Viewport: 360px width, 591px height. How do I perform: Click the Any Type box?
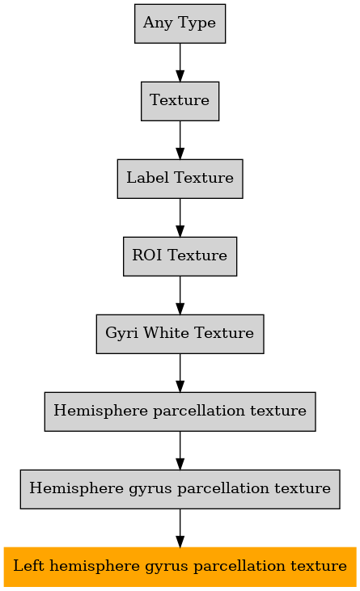click(180, 23)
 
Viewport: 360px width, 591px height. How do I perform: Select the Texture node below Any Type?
click(180, 101)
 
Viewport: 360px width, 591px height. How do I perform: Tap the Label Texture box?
click(180, 179)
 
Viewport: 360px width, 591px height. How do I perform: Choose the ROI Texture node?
click(180, 256)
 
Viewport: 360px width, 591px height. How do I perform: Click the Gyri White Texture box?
click(180, 334)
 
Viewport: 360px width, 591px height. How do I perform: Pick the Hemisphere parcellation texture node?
click(180, 412)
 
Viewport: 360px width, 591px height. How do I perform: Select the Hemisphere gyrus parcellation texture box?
click(180, 489)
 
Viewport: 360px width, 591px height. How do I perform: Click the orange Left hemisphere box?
click(180, 567)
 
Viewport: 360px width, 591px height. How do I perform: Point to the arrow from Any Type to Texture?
click(180, 62)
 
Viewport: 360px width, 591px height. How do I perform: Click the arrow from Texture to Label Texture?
click(180, 140)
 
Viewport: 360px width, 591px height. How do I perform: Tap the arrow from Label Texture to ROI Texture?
click(180, 217)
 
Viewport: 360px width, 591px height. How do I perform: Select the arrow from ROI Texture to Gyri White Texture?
click(180, 296)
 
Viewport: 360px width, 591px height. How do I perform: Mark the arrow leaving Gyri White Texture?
click(180, 374)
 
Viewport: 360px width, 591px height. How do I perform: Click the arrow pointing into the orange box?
click(180, 528)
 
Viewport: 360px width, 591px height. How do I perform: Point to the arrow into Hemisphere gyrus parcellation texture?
click(180, 450)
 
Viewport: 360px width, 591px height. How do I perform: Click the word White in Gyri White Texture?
click(166, 333)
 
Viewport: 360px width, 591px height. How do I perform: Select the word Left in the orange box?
click(28, 566)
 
